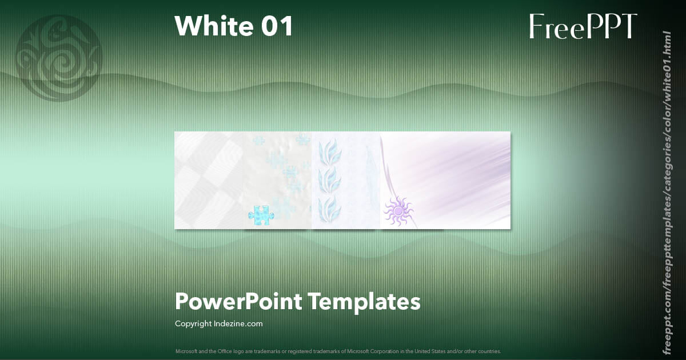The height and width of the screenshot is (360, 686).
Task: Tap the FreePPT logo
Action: (x=583, y=26)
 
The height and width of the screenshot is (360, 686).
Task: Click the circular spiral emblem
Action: (x=59, y=58)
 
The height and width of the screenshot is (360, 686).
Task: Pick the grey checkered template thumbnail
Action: (x=209, y=180)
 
